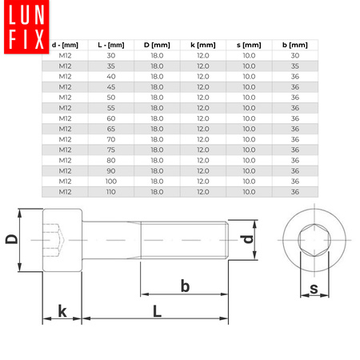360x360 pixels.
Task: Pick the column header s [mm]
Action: (250, 46)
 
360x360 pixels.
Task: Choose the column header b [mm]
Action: (296, 46)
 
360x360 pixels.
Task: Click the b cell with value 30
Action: (296, 55)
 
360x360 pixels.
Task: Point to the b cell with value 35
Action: (296, 66)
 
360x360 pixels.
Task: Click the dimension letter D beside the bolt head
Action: (11, 239)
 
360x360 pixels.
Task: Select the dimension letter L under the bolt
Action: (157, 312)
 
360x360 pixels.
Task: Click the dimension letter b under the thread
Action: (184, 285)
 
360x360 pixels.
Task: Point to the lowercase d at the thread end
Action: (248, 239)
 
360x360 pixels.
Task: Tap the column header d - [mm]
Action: (64, 46)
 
